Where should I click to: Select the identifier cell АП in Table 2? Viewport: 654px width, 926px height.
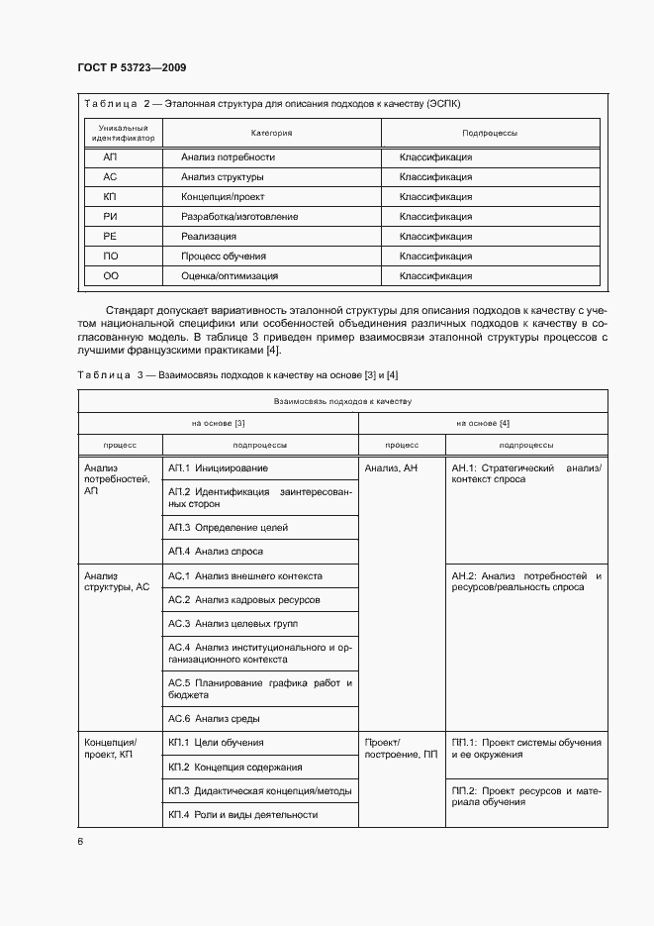pos(110,157)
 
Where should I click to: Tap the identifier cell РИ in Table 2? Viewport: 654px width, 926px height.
pos(110,217)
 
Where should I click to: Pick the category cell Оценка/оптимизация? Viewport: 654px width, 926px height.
pos(230,276)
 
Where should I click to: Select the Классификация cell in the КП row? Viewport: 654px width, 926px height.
pos(435,197)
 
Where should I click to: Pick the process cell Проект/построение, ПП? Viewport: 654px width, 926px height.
pos(400,749)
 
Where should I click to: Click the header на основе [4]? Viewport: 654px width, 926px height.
pos(483,423)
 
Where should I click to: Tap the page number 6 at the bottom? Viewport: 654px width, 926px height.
pos(80,842)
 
